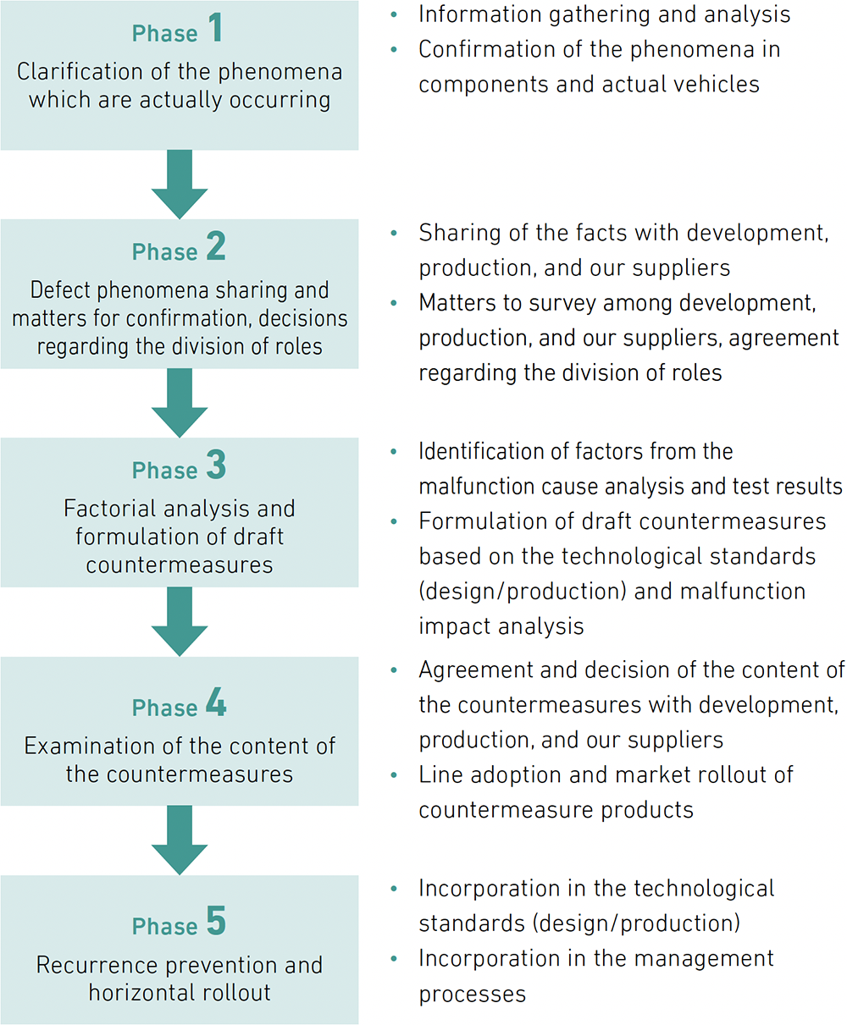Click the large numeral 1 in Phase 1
pyautogui.click(x=216, y=27)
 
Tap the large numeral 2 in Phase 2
pyautogui.click(x=216, y=246)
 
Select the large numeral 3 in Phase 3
pyautogui.click(x=216, y=465)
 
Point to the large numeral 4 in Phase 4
pyautogui.click(x=216, y=702)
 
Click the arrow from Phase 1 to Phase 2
pyautogui.click(x=180, y=184)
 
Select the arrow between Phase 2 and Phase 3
pyautogui.click(x=180, y=403)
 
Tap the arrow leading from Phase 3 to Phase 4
pyautogui.click(x=180, y=621)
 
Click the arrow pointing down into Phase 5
pyautogui.click(x=180, y=840)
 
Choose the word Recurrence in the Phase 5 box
pyautogui.click(x=97, y=965)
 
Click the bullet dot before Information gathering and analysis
pyautogui.click(x=394, y=14)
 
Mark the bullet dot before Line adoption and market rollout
pyautogui.click(x=394, y=775)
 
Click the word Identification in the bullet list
pyautogui.click(x=481, y=451)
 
